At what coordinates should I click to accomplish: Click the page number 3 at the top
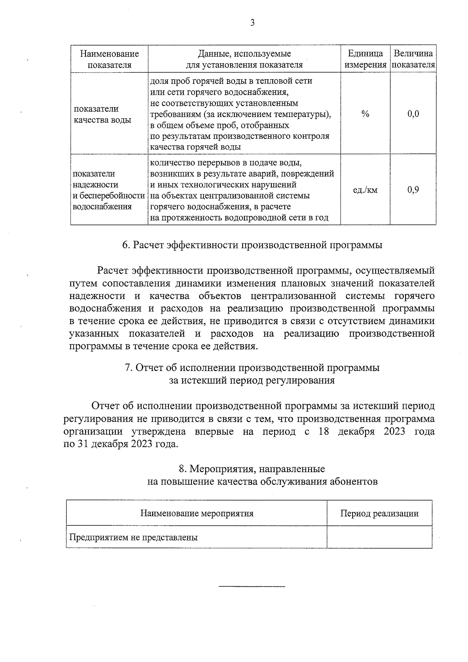tap(252, 23)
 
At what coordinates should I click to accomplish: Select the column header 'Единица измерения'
tap(365, 59)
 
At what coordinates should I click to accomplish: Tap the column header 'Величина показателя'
tap(413, 59)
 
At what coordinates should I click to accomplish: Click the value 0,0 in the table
tap(413, 114)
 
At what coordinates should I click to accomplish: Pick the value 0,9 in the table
tap(413, 190)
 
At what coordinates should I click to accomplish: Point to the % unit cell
tap(365, 114)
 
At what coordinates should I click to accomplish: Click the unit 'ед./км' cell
tap(365, 190)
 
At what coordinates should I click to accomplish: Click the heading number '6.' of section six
tap(126, 245)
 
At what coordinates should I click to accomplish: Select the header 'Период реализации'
tap(379, 513)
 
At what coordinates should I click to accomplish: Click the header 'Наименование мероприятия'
tap(197, 513)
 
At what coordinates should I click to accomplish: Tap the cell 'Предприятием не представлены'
tap(133, 537)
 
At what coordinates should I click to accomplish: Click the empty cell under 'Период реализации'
tap(379, 537)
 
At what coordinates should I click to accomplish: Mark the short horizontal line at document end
tap(252, 586)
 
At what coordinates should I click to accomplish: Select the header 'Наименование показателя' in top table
tap(109, 59)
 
